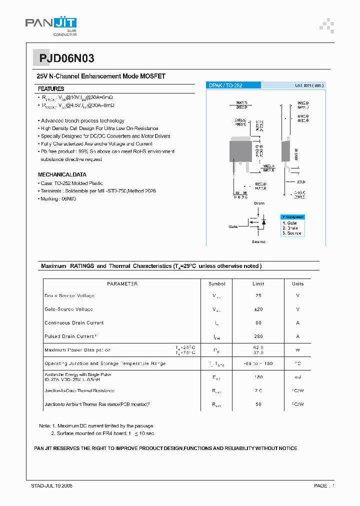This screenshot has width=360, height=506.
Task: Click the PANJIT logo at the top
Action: [51, 25]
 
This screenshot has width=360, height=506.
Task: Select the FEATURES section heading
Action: [51, 88]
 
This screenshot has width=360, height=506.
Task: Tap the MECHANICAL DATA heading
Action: [62, 174]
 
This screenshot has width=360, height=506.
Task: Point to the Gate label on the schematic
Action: [233, 226]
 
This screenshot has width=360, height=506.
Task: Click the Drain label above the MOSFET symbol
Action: [259, 203]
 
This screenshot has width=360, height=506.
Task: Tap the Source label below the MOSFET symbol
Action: [258, 241]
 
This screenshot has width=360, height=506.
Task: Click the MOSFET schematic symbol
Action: [257, 222]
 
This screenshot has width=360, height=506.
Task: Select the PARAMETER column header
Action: [122, 283]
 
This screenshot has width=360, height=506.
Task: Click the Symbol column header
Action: [217, 283]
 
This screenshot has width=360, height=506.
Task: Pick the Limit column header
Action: [258, 283]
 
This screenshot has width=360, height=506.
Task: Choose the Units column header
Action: [297, 283]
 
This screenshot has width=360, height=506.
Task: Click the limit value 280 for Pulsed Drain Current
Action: [258, 336]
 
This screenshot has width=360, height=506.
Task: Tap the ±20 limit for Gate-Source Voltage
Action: [258, 309]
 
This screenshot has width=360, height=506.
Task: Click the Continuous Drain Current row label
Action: [74, 323]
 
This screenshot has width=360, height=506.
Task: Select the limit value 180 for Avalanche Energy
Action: [258, 377]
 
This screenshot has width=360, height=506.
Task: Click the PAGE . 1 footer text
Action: [324, 485]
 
